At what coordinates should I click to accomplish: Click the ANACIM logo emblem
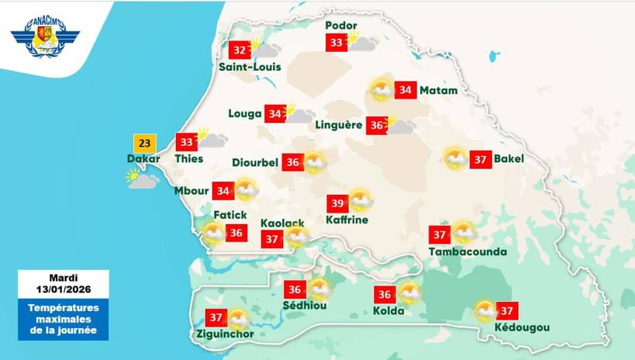[45, 38]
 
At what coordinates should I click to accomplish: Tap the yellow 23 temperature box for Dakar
[144, 144]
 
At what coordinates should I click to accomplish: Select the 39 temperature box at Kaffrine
[337, 203]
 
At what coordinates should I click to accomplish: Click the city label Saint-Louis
[244, 67]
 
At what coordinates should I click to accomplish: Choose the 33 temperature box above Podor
[336, 43]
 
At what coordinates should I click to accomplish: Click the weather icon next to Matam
[381, 91]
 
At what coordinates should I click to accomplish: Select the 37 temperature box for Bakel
[481, 160]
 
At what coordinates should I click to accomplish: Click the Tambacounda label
[468, 251]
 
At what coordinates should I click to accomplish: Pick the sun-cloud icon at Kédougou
[485, 311]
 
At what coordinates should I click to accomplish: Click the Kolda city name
[388, 311]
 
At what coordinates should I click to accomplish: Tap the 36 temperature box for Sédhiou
[295, 290]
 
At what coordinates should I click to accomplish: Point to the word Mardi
[64, 278]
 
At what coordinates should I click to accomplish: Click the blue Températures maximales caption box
[64, 320]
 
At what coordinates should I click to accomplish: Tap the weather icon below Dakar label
[143, 179]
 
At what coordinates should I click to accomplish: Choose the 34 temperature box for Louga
[274, 114]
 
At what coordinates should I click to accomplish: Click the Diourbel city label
[255, 163]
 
